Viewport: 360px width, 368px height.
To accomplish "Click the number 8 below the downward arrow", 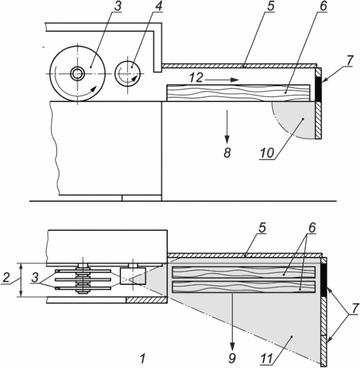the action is click(x=227, y=153).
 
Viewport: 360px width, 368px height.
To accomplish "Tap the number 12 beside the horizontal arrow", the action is click(x=196, y=78).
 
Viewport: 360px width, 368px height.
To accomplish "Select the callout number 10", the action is click(x=267, y=153).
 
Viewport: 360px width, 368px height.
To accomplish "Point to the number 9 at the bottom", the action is click(x=232, y=358).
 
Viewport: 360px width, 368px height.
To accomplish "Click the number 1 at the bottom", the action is click(x=143, y=359).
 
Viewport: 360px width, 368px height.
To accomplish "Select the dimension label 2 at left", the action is click(x=6, y=277).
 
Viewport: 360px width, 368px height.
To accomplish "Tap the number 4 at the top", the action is click(x=158, y=6).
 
